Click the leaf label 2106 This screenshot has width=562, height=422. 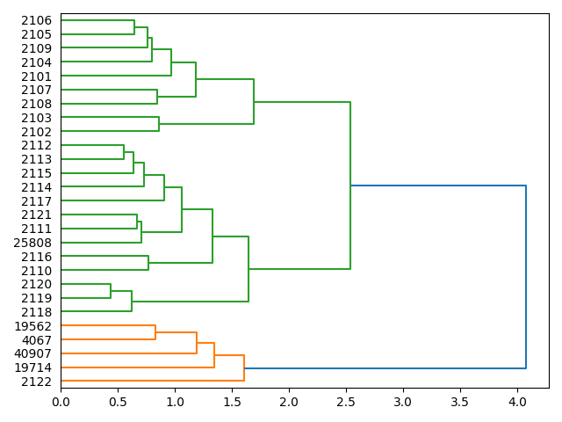pyautogui.click(x=36, y=20)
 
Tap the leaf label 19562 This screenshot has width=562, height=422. pyautogui.click(x=32, y=326)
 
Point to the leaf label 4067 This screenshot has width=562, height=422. pyautogui.click(x=36, y=339)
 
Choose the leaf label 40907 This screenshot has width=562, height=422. pyautogui.click(x=32, y=353)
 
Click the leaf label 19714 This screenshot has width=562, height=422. pyautogui.click(x=32, y=367)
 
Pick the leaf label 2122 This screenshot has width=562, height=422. pyautogui.click(x=36, y=382)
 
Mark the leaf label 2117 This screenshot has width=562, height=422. pyautogui.click(x=36, y=201)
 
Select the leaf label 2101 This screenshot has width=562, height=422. pyautogui.click(x=36, y=76)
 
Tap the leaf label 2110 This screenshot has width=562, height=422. pyautogui.click(x=36, y=271)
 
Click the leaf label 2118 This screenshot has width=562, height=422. pyautogui.click(x=36, y=312)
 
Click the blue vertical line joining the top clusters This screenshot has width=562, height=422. pyautogui.click(x=526, y=277)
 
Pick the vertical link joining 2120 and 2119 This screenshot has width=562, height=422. pyautogui.click(x=111, y=291)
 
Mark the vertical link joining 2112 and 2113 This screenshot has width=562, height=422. pyautogui.click(x=124, y=152)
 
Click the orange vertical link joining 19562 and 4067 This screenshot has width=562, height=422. pyautogui.click(x=155, y=332)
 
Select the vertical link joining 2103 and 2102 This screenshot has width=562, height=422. pyautogui.click(x=159, y=124)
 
